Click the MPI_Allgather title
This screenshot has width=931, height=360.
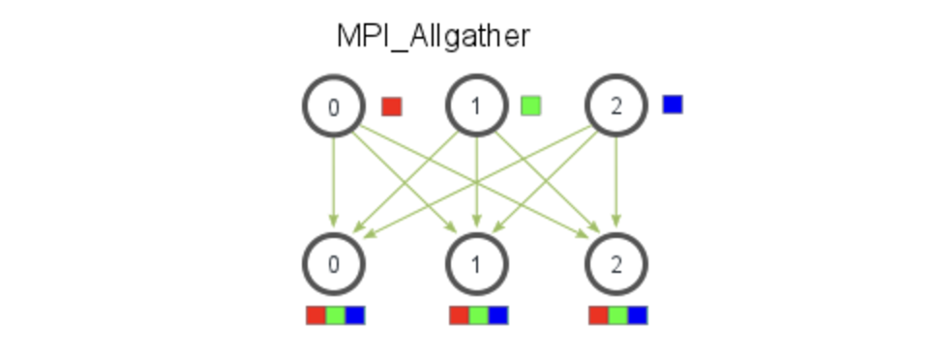(x=433, y=37)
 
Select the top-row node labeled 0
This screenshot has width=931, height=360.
(x=334, y=106)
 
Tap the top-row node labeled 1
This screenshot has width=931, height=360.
(x=475, y=106)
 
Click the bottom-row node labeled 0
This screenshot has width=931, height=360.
(x=334, y=263)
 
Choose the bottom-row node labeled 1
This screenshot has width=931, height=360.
(x=475, y=263)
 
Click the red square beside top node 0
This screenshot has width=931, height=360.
(x=391, y=105)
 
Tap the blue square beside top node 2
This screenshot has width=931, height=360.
(x=673, y=104)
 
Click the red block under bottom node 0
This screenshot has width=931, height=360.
(x=315, y=315)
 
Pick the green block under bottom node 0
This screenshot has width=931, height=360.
(x=335, y=315)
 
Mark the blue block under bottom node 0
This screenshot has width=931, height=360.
(x=355, y=315)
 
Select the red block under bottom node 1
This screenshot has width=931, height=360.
(x=459, y=315)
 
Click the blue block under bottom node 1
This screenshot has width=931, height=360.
(x=498, y=315)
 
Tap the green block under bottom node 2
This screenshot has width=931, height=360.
(x=618, y=315)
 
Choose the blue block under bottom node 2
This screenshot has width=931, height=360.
(x=638, y=315)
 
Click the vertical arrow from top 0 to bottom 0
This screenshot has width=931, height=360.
(x=334, y=184)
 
